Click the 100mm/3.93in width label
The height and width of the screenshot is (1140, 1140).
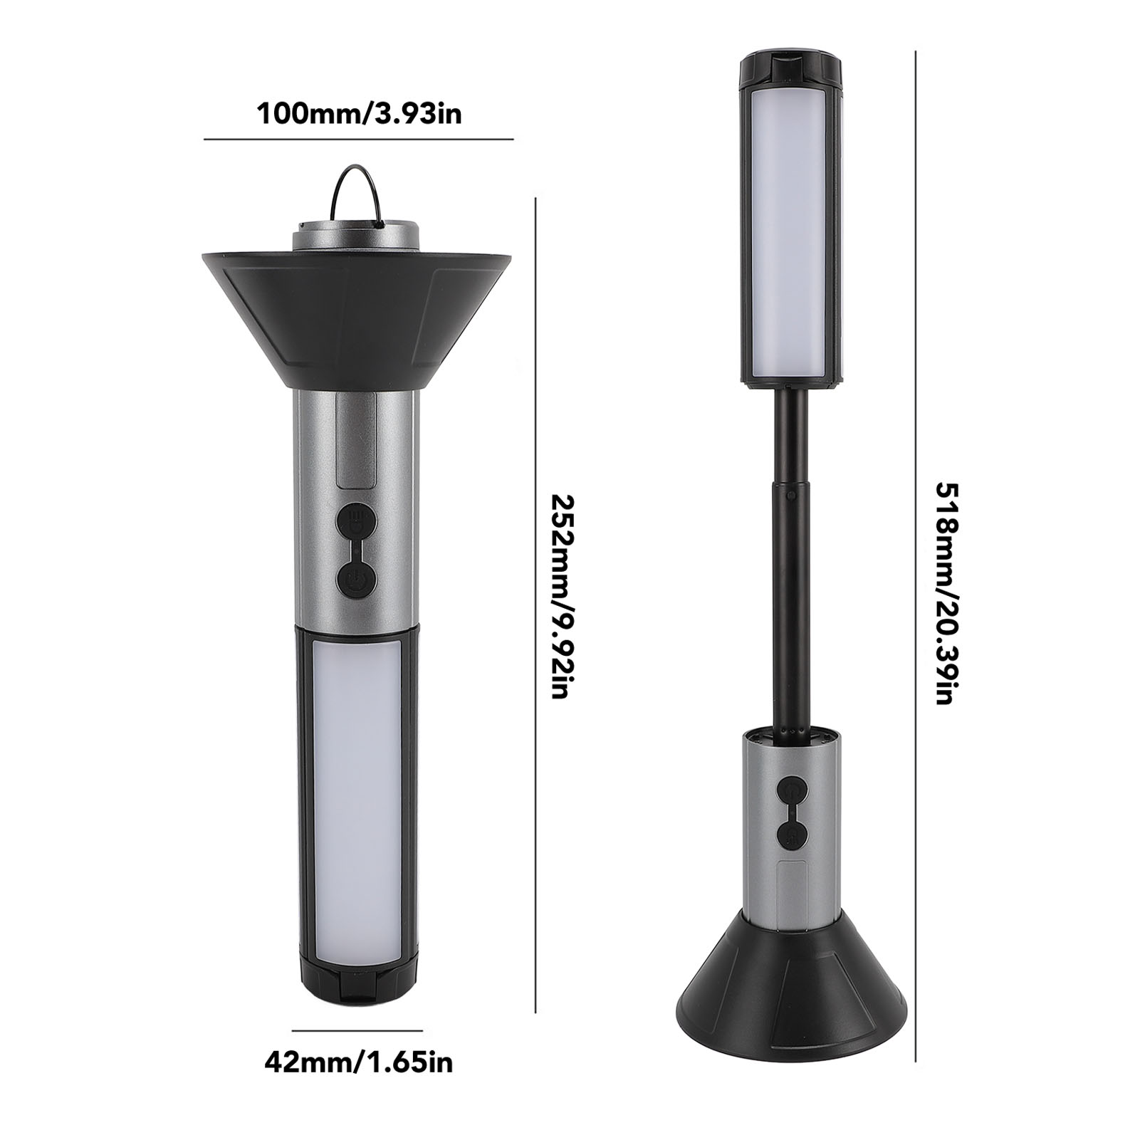click(359, 113)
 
